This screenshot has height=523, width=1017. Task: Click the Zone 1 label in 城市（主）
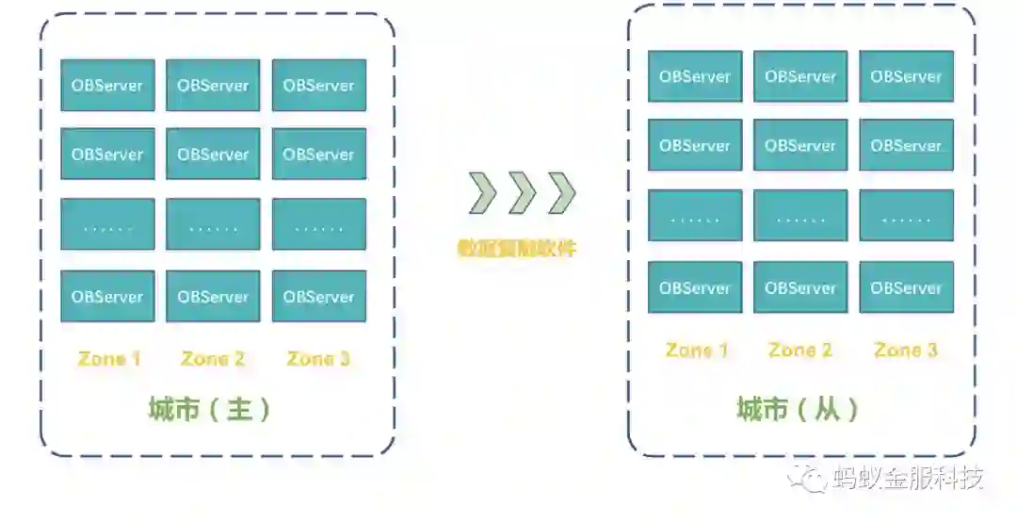point(108,359)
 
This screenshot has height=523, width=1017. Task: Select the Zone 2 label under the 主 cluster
point(213,359)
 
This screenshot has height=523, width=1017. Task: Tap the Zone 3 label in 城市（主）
point(318,359)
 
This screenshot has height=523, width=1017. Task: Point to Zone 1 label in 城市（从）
point(696,351)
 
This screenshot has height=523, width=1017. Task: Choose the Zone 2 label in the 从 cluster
point(800,351)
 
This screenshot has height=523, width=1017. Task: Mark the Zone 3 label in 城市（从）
point(906,351)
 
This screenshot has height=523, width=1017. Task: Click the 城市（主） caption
point(211,409)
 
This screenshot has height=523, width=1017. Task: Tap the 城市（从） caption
point(799,410)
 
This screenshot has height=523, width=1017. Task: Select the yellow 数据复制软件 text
point(516,250)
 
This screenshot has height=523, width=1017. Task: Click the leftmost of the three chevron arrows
point(483,193)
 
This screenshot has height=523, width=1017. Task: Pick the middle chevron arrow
point(522,193)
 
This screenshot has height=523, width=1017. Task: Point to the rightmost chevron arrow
point(561,193)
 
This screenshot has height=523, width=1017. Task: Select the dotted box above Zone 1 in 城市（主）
point(107,224)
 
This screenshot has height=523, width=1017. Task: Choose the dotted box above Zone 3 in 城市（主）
point(318,224)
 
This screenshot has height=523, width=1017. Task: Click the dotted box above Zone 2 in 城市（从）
point(800,216)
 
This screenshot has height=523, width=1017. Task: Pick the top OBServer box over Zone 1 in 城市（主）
point(107,86)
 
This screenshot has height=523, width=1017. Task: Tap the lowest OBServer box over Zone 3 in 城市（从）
point(906,287)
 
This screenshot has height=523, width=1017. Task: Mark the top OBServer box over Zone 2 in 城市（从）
point(800,76)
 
